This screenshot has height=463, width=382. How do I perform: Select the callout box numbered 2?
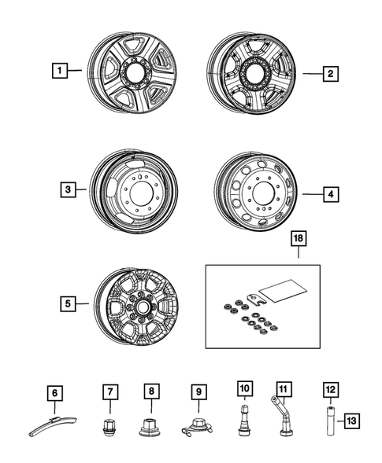click(x=331, y=74)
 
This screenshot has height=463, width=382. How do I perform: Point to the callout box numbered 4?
click(x=331, y=193)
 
